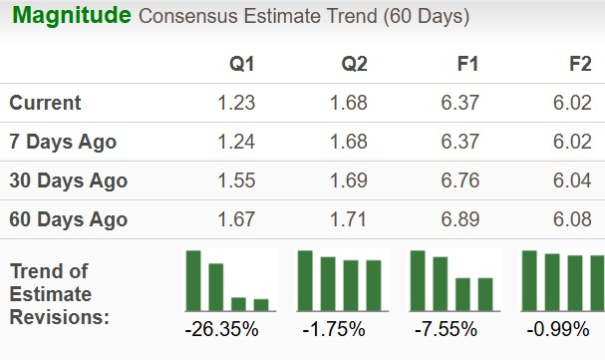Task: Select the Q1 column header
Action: tap(242, 65)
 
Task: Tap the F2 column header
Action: tap(579, 65)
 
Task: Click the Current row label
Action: tap(46, 103)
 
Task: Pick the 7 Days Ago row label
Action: tap(63, 142)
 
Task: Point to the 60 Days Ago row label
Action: tap(68, 219)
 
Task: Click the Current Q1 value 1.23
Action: tap(236, 103)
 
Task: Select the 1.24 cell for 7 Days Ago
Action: tap(236, 142)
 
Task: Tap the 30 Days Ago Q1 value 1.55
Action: tap(236, 180)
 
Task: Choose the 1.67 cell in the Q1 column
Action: tap(236, 219)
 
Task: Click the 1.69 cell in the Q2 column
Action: tap(348, 180)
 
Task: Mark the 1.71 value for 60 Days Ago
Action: tap(348, 219)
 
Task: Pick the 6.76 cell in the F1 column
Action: tap(459, 180)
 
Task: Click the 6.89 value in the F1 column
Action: tap(459, 219)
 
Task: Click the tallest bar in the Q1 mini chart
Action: tap(193, 280)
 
